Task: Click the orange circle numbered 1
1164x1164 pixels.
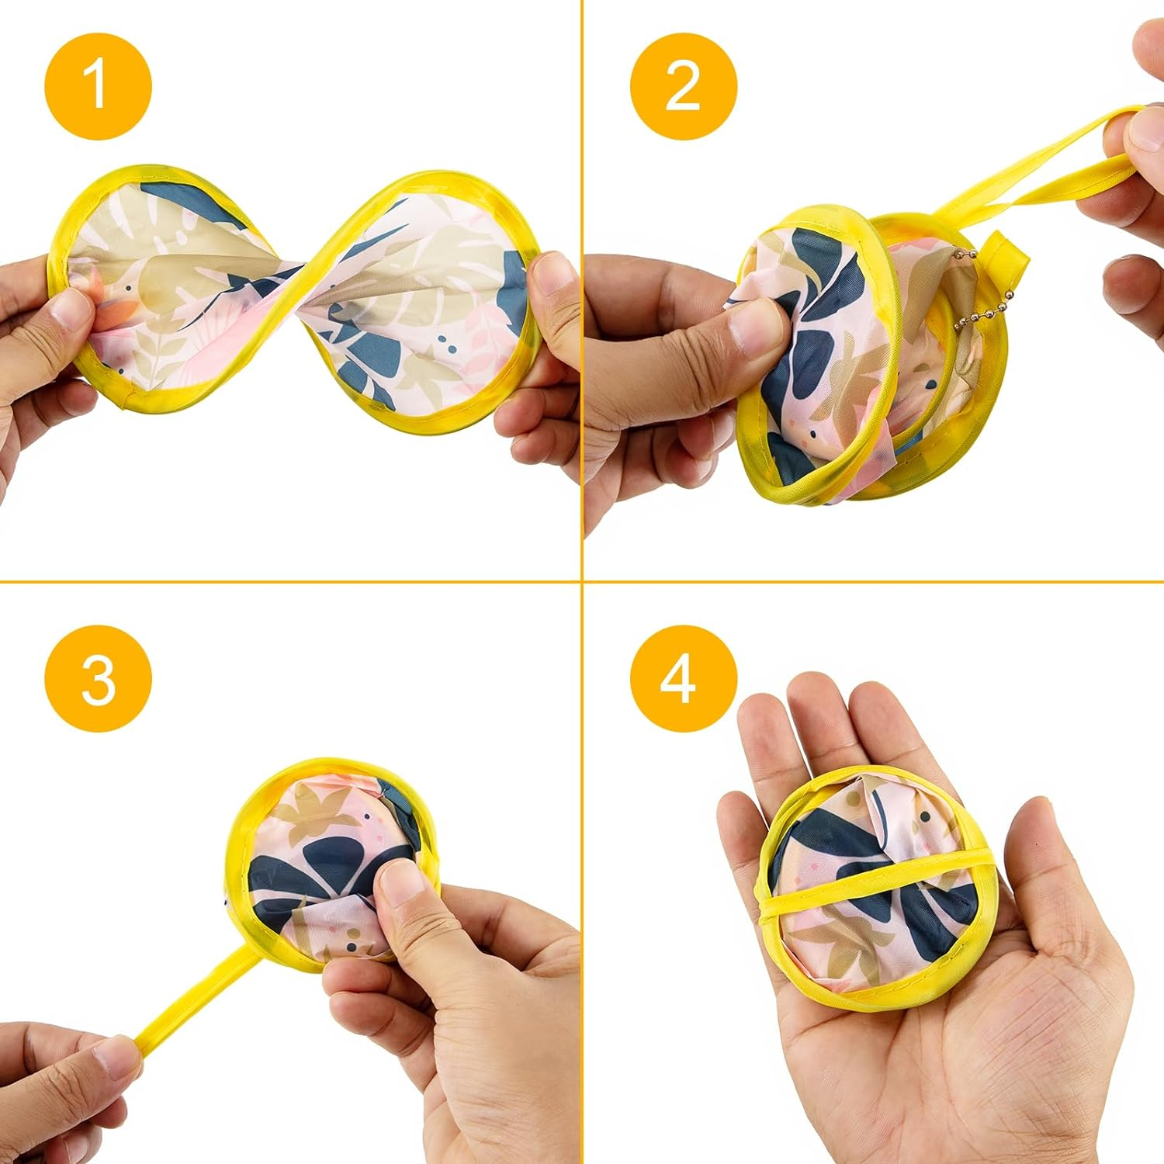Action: coord(98,86)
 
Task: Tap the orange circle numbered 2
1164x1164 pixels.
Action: coord(683,86)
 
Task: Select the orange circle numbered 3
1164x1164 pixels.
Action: coord(98,678)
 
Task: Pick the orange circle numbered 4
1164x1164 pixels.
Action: coord(683,678)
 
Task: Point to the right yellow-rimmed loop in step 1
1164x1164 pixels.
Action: coord(435,291)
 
